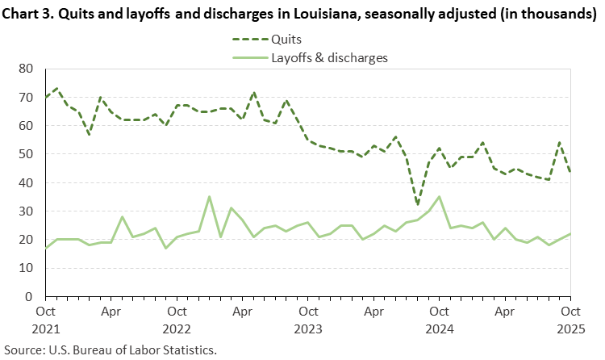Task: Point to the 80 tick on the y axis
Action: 30,69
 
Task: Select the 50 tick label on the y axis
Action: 30,154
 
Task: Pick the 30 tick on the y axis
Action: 30,211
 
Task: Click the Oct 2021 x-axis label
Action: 46,317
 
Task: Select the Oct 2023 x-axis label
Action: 307,317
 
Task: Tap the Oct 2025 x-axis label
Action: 570,317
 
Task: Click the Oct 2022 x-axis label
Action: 177,317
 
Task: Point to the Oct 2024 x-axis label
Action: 439,317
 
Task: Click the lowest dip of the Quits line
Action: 417,206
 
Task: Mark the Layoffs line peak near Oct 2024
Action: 439,197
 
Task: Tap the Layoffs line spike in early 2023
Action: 210,197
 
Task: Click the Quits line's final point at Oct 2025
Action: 570,171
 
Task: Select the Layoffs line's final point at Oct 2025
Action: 570,234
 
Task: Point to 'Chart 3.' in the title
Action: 31,15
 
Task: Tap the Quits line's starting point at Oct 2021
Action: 46,98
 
